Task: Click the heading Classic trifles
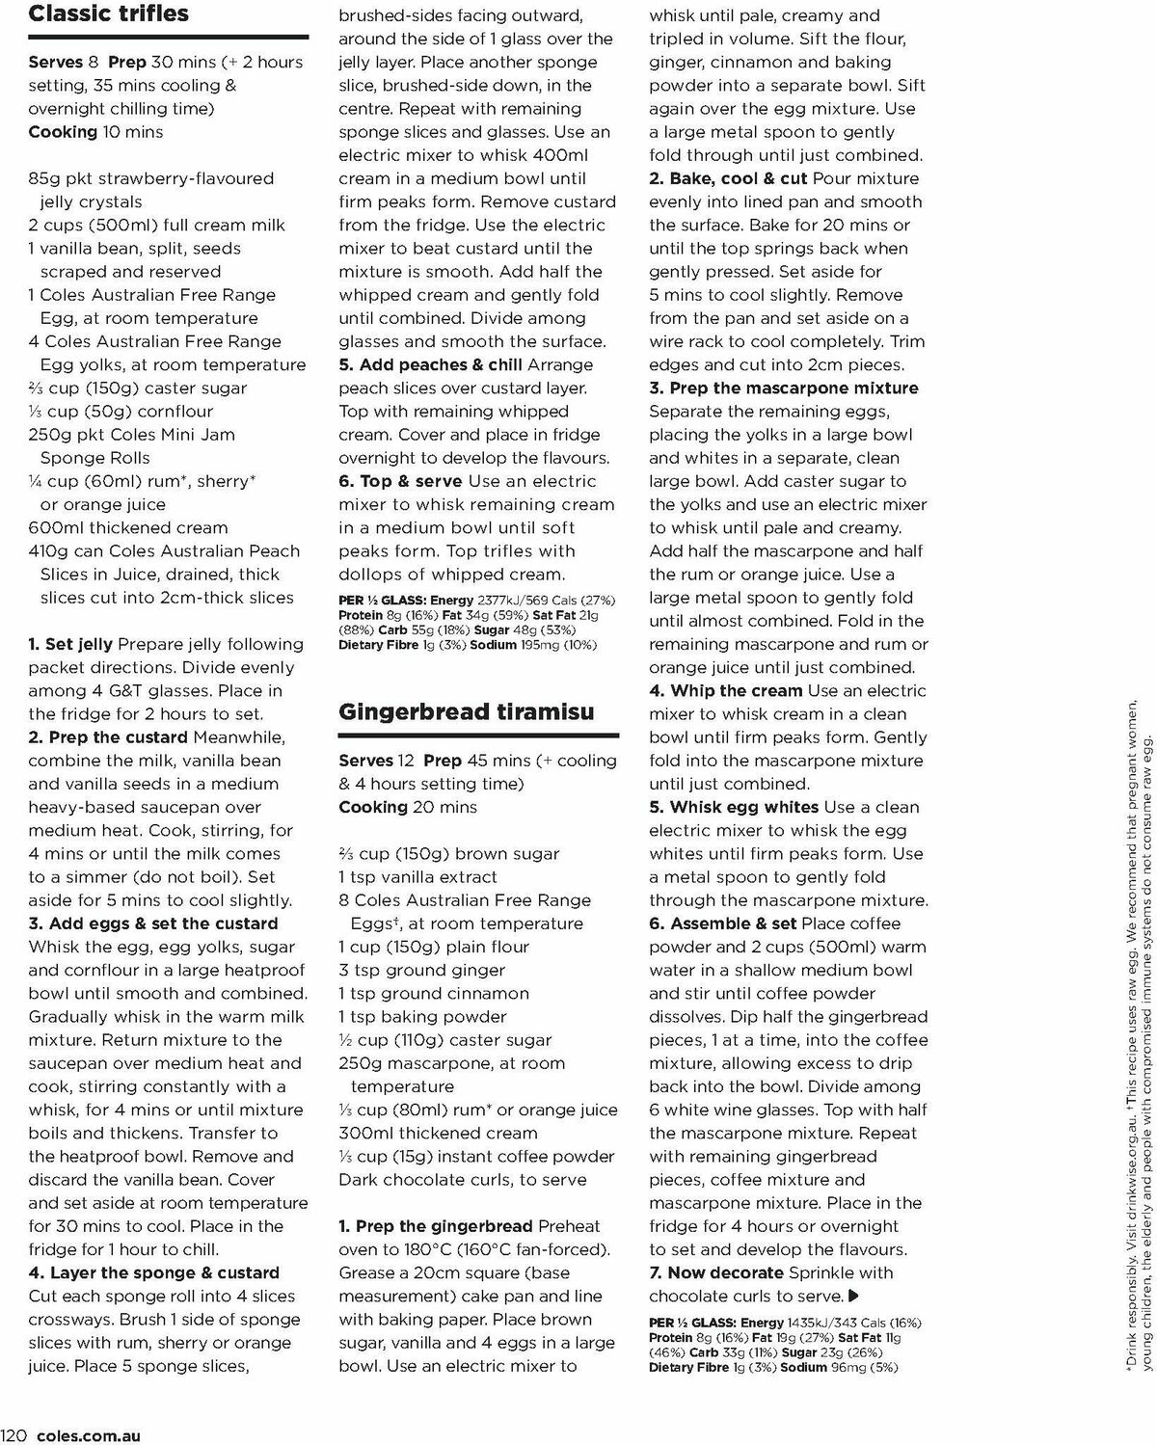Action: pyautogui.click(x=108, y=14)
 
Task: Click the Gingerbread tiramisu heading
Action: pyautogui.click(x=466, y=712)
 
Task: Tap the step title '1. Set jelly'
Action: pyautogui.click(x=70, y=644)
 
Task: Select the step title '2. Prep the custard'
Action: pyautogui.click(x=108, y=737)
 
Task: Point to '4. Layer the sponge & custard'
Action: pyautogui.click(x=153, y=1273)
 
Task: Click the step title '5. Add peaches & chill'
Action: pyautogui.click(x=430, y=365)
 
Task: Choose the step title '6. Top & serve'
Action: pyautogui.click(x=400, y=482)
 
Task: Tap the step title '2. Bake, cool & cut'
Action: pyautogui.click(x=728, y=179)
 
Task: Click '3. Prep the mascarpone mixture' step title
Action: pyautogui.click(x=783, y=388)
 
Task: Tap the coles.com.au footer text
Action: pyautogui.click(x=88, y=1435)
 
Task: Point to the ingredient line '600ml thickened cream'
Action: pyautogui.click(x=128, y=528)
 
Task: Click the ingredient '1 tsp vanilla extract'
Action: pyautogui.click(x=417, y=877)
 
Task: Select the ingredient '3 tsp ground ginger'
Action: pyautogui.click(x=421, y=971)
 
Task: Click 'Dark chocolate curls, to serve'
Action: pyautogui.click(x=462, y=1180)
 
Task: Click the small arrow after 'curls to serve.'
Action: pyautogui.click(x=853, y=1297)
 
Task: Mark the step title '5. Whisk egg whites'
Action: pyautogui.click(x=734, y=808)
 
